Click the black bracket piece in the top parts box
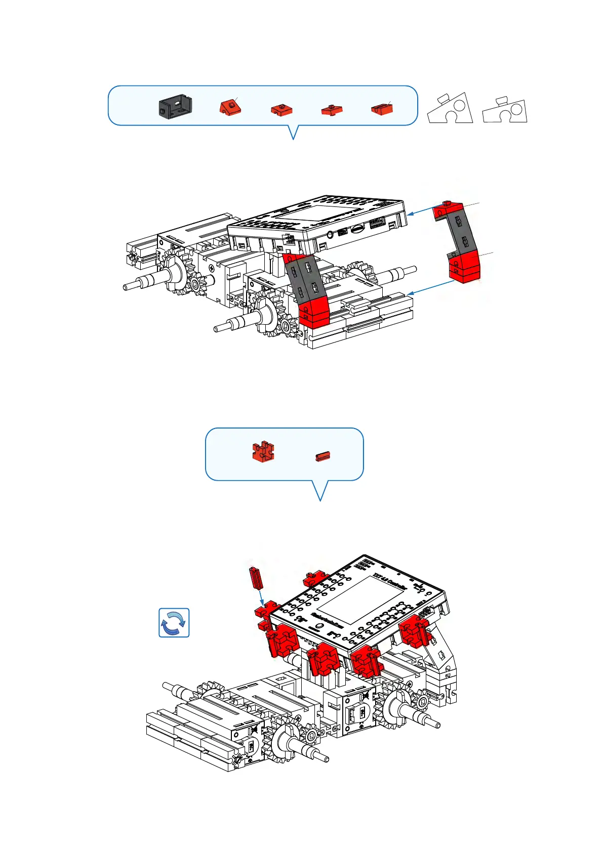click(x=175, y=106)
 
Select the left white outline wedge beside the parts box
click(x=450, y=108)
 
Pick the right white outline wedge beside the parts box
click(x=505, y=110)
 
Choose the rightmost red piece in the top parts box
click(x=382, y=108)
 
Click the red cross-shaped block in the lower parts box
click(x=263, y=452)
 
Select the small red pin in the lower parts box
click(x=323, y=456)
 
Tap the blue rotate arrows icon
click(x=174, y=622)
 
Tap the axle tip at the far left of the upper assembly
click(x=126, y=287)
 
